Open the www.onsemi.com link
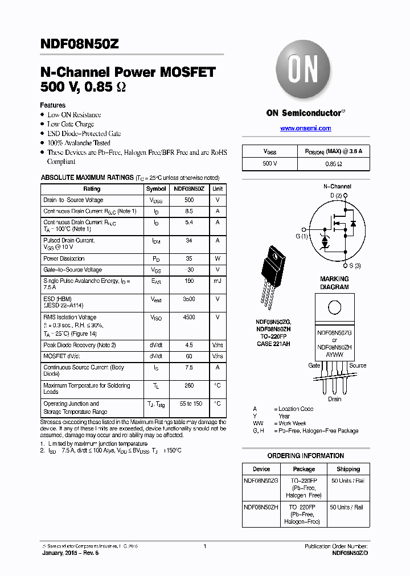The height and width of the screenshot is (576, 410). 305,129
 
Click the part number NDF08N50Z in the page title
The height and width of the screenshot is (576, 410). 79,43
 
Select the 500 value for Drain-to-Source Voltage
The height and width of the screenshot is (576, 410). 189,200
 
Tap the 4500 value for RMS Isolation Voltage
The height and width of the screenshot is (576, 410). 189,318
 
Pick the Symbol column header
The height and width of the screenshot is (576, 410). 156,189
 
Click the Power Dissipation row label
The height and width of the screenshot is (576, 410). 64,258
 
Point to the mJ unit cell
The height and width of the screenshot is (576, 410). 218,281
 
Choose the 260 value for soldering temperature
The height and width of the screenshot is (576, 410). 189,386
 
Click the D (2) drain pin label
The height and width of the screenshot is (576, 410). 336,196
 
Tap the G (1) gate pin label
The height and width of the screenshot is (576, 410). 301,236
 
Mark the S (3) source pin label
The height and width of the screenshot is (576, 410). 354,266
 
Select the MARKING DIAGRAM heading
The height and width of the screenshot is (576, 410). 334,283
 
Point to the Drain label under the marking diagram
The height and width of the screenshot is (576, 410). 334,399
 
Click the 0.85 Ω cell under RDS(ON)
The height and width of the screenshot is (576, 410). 333,163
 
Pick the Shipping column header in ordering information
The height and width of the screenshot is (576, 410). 348,470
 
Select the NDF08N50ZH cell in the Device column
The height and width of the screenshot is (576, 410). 261,507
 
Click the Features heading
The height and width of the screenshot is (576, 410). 52,105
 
